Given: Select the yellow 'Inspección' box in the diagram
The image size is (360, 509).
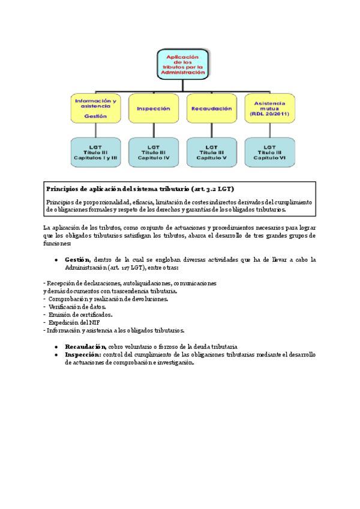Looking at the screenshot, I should click(x=153, y=109).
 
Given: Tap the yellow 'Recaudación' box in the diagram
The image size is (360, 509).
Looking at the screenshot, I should click(x=211, y=109).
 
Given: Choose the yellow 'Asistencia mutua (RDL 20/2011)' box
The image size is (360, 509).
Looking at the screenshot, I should click(x=269, y=109).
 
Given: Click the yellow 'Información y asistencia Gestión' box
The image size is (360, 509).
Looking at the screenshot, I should click(x=95, y=109).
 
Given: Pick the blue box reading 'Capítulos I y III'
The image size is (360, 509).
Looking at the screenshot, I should click(x=95, y=152).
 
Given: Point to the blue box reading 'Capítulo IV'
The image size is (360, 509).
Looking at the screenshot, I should click(x=153, y=152).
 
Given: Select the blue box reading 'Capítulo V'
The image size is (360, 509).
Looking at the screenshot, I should click(x=211, y=152).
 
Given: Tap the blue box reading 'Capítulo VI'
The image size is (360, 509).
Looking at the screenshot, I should click(x=269, y=152).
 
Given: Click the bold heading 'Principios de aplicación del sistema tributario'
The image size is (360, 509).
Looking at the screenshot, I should click(x=140, y=189).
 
